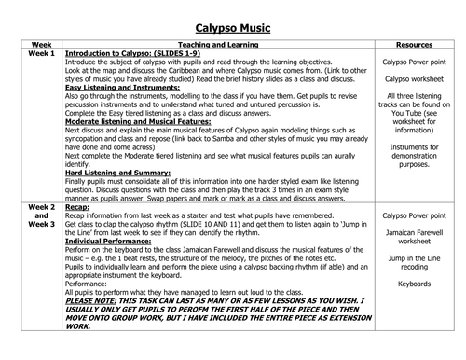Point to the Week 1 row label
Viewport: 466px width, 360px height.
coord(41,55)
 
